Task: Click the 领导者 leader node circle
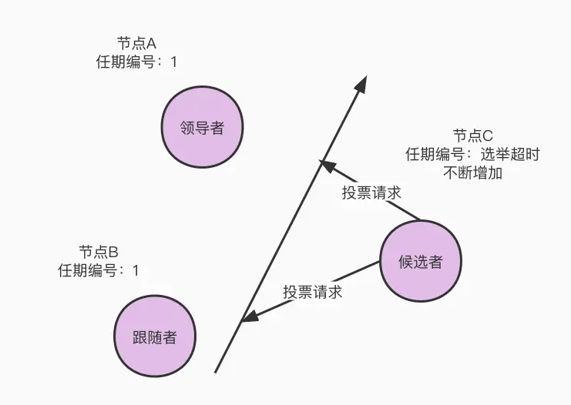click(x=202, y=128)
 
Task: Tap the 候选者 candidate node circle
click(x=421, y=262)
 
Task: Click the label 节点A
click(x=135, y=43)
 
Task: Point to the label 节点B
click(x=98, y=252)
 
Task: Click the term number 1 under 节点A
click(x=173, y=62)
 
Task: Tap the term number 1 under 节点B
click(x=136, y=270)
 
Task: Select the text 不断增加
click(x=472, y=172)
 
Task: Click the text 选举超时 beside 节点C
click(x=511, y=154)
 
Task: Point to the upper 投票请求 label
click(x=371, y=192)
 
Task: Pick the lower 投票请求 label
click(x=312, y=293)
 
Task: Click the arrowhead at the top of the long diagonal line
click(x=362, y=83)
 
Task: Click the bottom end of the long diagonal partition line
click(x=215, y=373)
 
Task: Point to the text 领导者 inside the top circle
click(x=202, y=128)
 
